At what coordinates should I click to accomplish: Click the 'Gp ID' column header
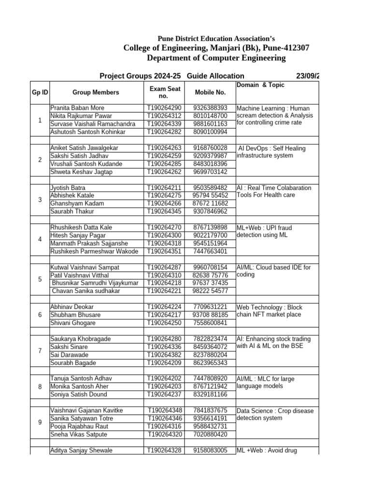(40, 92)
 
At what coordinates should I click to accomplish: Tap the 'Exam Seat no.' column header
(165, 92)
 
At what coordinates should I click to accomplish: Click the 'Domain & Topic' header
(260, 85)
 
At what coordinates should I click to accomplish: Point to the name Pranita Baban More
(77, 108)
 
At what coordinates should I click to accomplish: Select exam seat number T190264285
(165, 164)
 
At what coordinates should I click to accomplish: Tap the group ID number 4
(40, 239)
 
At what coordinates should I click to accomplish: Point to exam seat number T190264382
(165, 355)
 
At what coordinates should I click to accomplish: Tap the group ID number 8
(40, 387)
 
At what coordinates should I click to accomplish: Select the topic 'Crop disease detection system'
(275, 414)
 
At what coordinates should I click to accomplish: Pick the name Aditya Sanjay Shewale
(81, 450)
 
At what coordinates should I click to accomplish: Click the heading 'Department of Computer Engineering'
(216, 58)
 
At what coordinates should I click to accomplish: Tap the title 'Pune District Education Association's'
(216, 39)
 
